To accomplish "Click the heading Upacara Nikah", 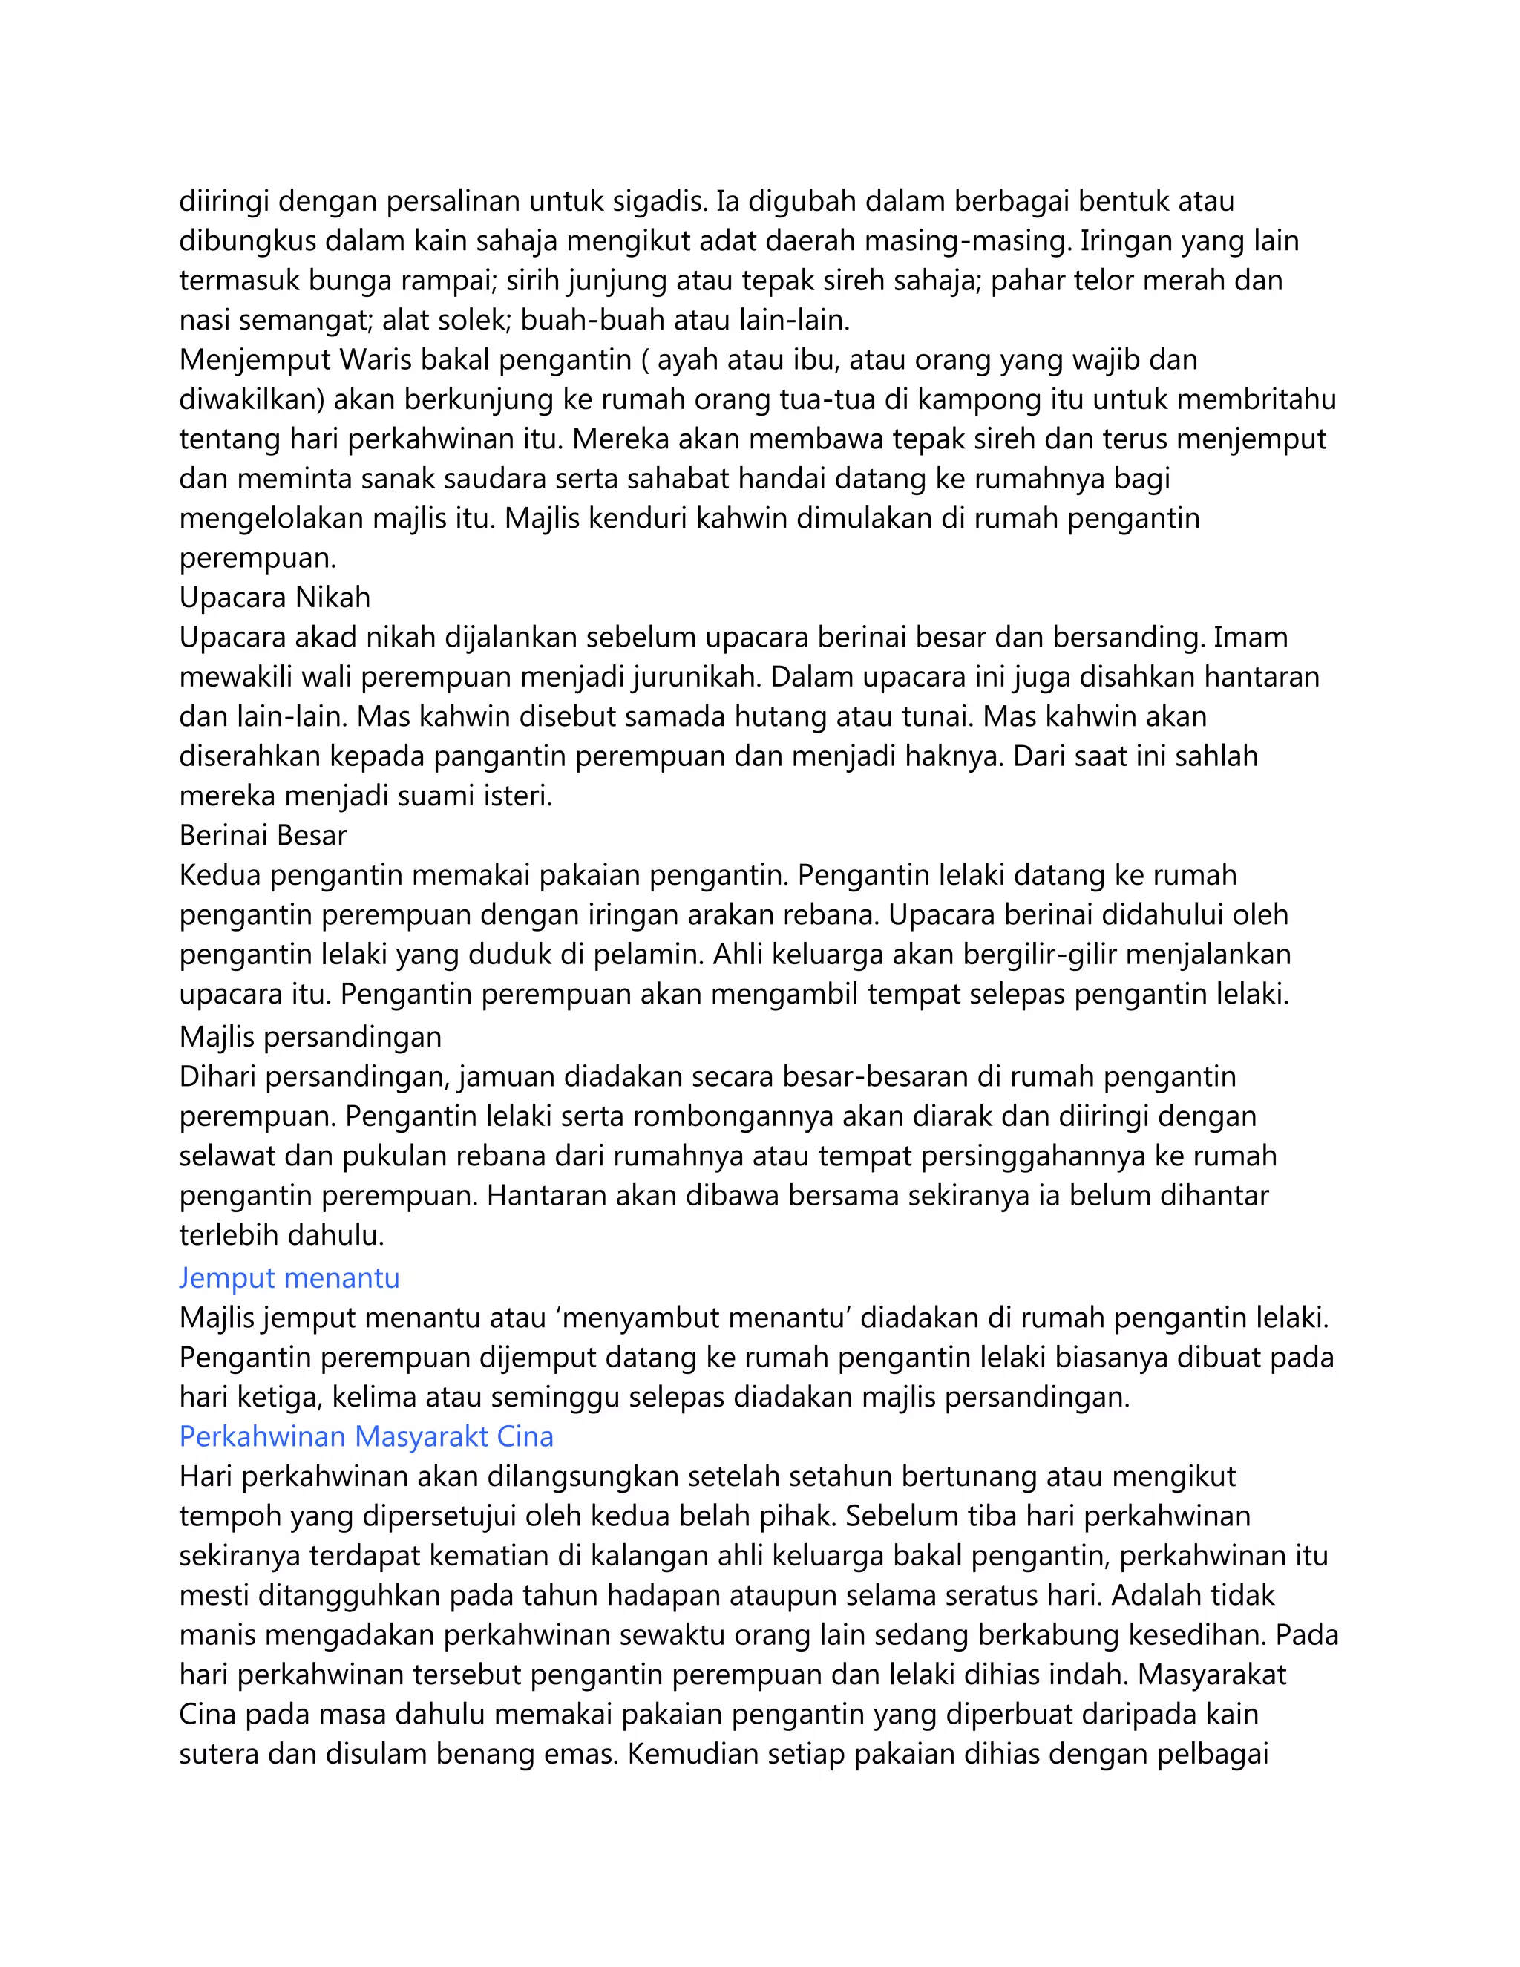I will pyautogui.click(x=275, y=598).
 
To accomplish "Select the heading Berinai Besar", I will pyautogui.click(x=263, y=836).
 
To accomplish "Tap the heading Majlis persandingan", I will pyautogui.click(x=311, y=1037).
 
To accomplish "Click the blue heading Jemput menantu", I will pyautogui.click(x=289, y=1278).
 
